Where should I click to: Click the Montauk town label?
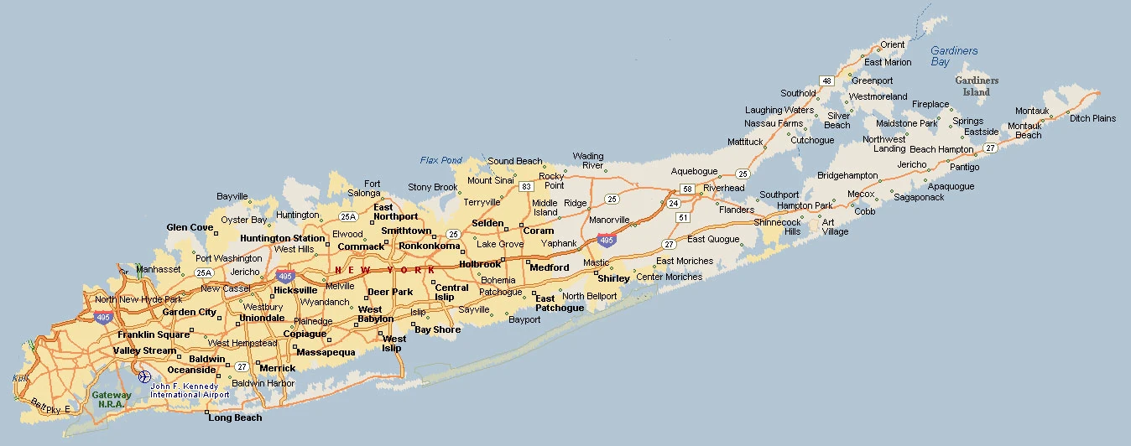tap(1032, 111)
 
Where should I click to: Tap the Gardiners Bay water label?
tap(954, 56)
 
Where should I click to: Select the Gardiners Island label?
tap(977, 86)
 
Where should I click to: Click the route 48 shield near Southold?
tap(826, 81)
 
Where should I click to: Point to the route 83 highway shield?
tap(526, 186)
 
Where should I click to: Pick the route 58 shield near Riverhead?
tap(686, 189)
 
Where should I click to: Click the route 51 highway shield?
tap(683, 218)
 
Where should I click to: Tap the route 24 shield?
tap(673, 204)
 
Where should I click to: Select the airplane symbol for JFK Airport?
tap(143, 376)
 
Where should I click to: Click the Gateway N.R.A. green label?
tap(112, 399)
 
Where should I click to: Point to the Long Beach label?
tap(235, 417)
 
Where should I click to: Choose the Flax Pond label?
tap(440, 160)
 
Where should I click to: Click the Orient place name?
tap(893, 44)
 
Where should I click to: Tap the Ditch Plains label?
tap(1092, 118)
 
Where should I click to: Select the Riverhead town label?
tap(723, 188)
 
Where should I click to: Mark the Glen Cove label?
tap(190, 228)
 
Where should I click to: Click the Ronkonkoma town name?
tap(430, 246)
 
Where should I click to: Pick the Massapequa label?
tap(326, 352)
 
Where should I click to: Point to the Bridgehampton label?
tap(847, 176)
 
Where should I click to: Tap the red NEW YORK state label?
tap(385, 270)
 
